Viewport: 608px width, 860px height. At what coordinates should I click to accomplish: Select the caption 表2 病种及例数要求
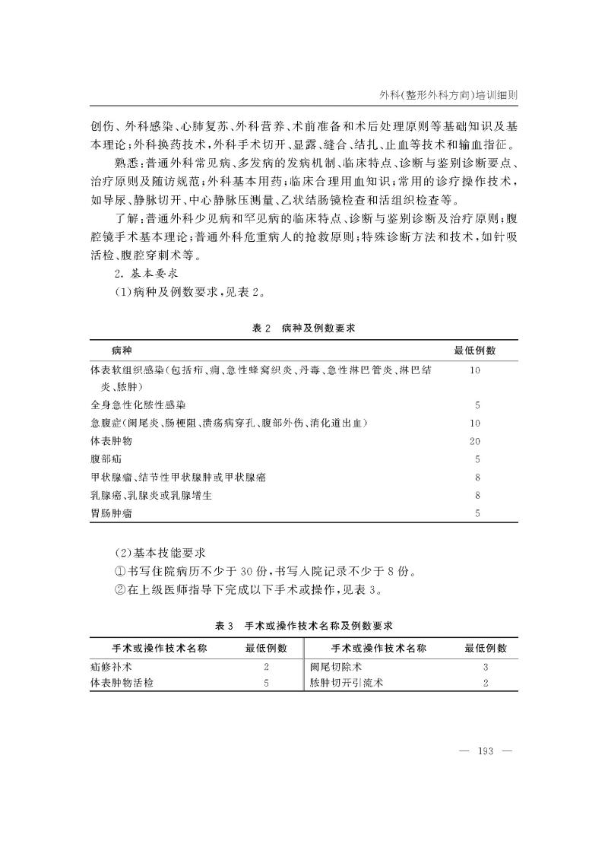coord(304,328)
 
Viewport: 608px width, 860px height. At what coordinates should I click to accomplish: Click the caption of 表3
coord(304,625)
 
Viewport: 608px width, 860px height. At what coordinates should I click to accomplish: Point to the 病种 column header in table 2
coord(122,351)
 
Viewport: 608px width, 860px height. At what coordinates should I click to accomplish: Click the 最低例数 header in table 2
coord(475,351)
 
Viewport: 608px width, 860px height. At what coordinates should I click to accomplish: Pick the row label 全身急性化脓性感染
coord(138,405)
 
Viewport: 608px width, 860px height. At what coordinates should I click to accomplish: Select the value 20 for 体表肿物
coord(476,441)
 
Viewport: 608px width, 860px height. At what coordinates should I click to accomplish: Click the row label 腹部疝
coord(106,459)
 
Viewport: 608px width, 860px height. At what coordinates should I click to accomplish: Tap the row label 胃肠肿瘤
coord(111,513)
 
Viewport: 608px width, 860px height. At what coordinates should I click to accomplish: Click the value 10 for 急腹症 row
coord(476,423)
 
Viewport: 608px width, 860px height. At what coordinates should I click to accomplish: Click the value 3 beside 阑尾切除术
coord(485,666)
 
